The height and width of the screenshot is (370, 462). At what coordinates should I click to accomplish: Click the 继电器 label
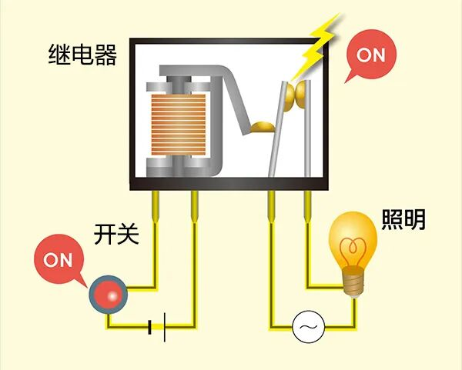point(82,55)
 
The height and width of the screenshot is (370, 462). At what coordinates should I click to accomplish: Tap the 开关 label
point(116,235)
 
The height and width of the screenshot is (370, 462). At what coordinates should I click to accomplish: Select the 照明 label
point(403,219)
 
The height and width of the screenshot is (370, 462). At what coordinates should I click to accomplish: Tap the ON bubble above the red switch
point(59,260)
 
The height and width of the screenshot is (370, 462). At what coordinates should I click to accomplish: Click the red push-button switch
point(109,295)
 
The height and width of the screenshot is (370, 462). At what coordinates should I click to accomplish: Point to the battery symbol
point(157,327)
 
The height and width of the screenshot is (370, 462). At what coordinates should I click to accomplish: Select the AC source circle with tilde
point(309,327)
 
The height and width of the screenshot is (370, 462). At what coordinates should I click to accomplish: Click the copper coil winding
point(179,125)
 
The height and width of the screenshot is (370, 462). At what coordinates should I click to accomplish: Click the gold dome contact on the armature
point(263,127)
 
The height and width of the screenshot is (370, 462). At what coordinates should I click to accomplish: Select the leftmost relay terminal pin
point(156,207)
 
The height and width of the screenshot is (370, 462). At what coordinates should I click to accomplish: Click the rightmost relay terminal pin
point(307,207)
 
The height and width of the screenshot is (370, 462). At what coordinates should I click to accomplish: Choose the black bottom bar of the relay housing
point(229,184)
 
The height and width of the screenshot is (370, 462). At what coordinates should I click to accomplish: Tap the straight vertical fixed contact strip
point(307,128)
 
